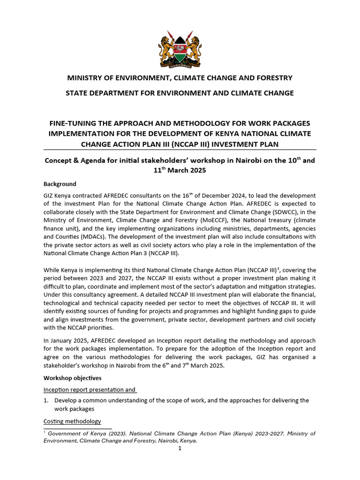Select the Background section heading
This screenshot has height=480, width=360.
coord(60,184)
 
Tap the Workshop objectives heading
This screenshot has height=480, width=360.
coord(72,377)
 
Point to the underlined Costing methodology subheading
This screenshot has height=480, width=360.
coord(72,421)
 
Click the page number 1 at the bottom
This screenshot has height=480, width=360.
coord(180,448)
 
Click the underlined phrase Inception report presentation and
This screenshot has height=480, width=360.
coord(90,389)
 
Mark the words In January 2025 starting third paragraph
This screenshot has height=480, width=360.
coord(67,340)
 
